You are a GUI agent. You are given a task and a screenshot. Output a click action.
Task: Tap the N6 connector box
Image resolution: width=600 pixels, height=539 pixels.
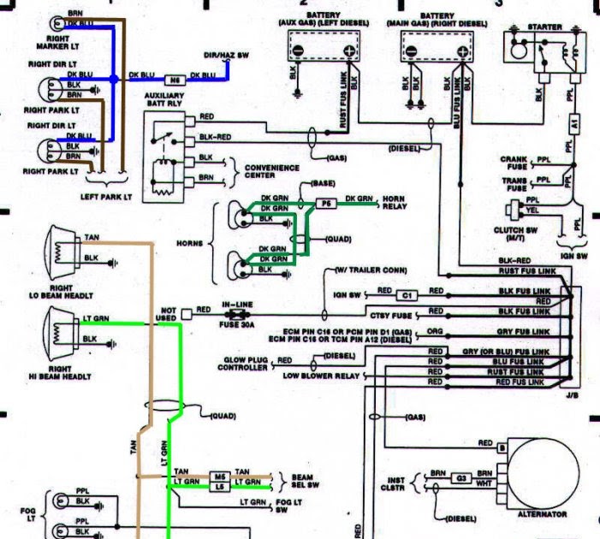pos(176,76)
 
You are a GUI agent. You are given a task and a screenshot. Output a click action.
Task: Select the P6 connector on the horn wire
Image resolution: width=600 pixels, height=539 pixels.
pos(326,204)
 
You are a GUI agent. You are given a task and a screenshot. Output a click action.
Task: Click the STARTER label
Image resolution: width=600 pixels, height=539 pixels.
pos(546,27)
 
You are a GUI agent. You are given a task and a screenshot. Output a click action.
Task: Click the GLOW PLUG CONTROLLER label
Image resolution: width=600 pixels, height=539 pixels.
pos(241,363)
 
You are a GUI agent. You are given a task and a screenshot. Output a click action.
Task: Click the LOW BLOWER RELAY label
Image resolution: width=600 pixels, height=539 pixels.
pos(321,376)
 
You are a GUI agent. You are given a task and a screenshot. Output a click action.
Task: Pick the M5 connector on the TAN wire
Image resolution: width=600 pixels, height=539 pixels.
pos(220,475)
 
